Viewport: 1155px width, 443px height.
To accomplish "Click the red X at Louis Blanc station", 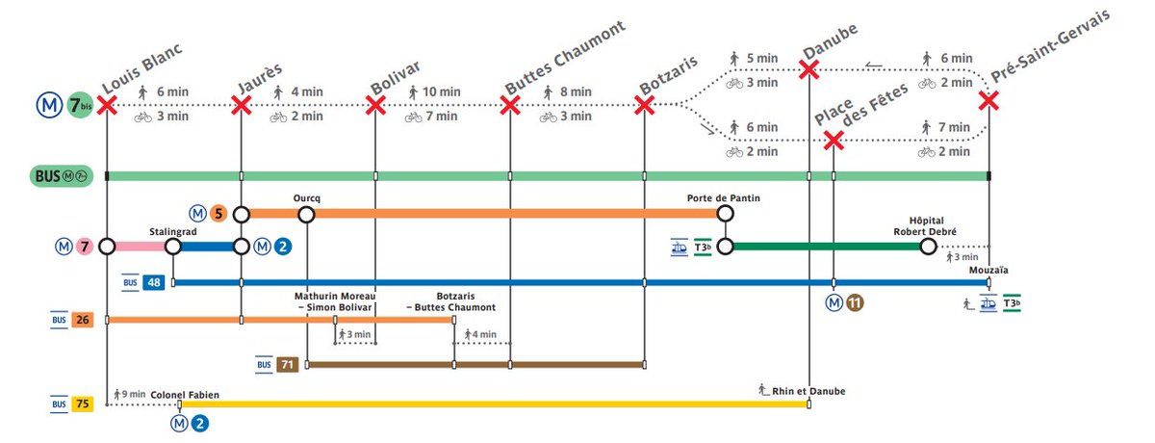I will pyautogui.click(x=107, y=104).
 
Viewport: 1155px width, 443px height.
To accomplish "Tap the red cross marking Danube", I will pyautogui.click(x=808, y=69).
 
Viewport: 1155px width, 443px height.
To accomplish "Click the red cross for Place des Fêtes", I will pyautogui.click(x=834, y=141).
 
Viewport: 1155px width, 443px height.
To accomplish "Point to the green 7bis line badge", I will pyautogui.click(x=79, y=105).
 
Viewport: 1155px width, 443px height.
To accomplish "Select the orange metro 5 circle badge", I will pyautogui.click(x=219, y=214).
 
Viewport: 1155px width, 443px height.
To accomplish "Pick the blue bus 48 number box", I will pyautogui.click(x=154, y=282).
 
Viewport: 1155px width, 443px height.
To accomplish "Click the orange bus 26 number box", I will pyautogui.click(x=82, y=319).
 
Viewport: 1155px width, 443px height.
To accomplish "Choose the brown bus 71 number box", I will pyautogui.click(x=287, y=364).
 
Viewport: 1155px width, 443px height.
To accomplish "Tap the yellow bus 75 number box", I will pyautogui.click(x=82, y=404).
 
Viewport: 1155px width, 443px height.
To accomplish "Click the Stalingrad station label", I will pyautogui.click(x=173, y=232).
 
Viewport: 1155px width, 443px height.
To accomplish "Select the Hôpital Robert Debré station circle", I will pyautogui.click(x=928, y=247).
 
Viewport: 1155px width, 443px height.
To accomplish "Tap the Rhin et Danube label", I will pyautogui.click(x=808, y=390).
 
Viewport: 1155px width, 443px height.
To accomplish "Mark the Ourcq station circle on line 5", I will pyautogui.click(x=306, y=214).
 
